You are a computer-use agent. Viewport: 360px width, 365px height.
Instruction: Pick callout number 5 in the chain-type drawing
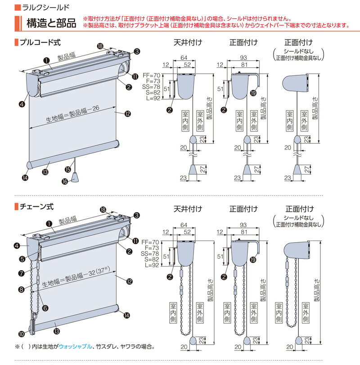pyautogui.click(x=22, y=259)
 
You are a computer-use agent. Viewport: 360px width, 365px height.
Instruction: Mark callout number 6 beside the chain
pyautogui.click(x=45, y=308)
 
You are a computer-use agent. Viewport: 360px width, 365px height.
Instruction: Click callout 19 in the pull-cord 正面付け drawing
pyautogui.click(x=253, y=93)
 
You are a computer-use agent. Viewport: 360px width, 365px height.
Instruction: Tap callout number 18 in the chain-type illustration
pyautogui.click(x=103, y=209)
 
